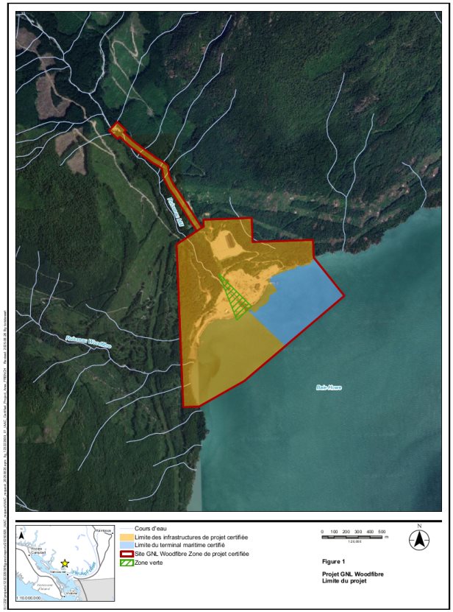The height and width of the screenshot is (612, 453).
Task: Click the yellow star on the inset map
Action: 65,563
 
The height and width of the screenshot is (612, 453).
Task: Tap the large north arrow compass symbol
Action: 419,539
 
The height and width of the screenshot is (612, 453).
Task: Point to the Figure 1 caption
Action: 335,560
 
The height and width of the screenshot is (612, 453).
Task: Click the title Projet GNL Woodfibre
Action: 353,574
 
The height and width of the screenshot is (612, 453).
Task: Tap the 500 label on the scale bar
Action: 382,532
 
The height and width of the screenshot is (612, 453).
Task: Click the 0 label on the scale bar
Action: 323,532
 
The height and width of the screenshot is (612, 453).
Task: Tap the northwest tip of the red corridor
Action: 113,130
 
